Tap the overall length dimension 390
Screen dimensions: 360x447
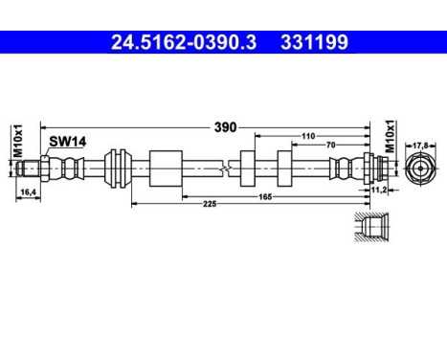pyautogui.click(x=225, y=125)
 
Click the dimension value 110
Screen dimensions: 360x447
pyautogui.click(x=308, y=136)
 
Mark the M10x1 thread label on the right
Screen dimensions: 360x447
pyautogui.click(x=390, y=137)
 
